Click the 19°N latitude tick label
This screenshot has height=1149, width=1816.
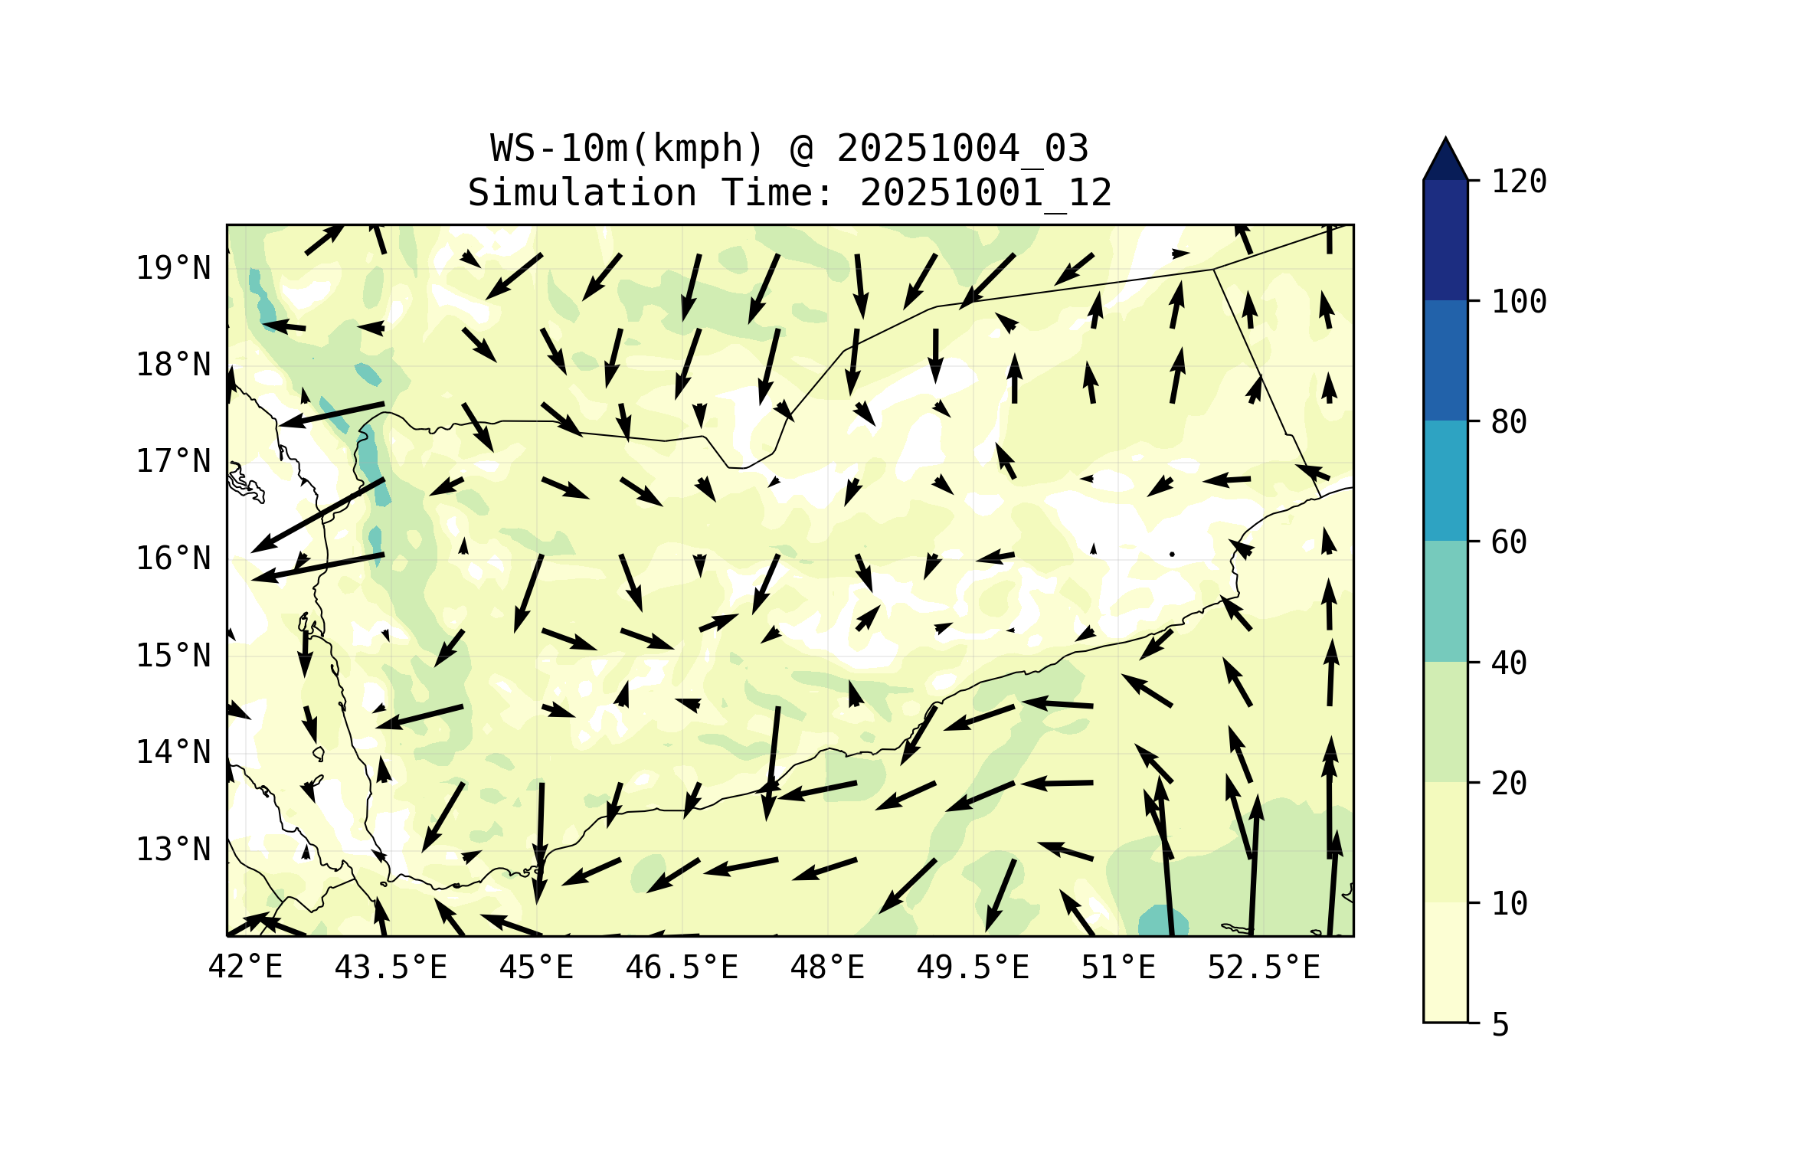click(173, 268)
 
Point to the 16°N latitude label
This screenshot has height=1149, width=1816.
click(173, 558)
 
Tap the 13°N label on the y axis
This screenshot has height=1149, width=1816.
click(173, 849)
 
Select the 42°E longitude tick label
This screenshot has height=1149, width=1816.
click(245, 967)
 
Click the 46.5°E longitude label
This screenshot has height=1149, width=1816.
click(682, 967)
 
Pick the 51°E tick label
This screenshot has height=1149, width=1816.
click(1118, 967)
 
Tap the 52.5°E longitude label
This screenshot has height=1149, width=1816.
click(1264, 967)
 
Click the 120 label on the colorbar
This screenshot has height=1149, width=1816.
click(1519, 182)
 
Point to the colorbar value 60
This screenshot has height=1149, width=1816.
click(1509, 542)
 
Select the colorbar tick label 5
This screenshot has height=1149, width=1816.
click(1500, 1025)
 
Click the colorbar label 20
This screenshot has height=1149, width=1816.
click(1509, 783)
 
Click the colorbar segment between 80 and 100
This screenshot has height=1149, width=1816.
click(1445, 360)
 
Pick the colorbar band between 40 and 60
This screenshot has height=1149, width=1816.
click(1445, 601)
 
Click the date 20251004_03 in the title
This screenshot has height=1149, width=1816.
click(963, 148)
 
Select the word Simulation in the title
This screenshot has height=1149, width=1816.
click(582, 192)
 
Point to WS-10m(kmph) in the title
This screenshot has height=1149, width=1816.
click(627, 148)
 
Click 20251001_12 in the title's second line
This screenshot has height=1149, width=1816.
click(986, 192)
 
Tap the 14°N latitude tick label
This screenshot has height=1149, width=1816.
click(173, 752)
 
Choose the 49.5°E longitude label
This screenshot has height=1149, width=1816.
click(973, 967)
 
